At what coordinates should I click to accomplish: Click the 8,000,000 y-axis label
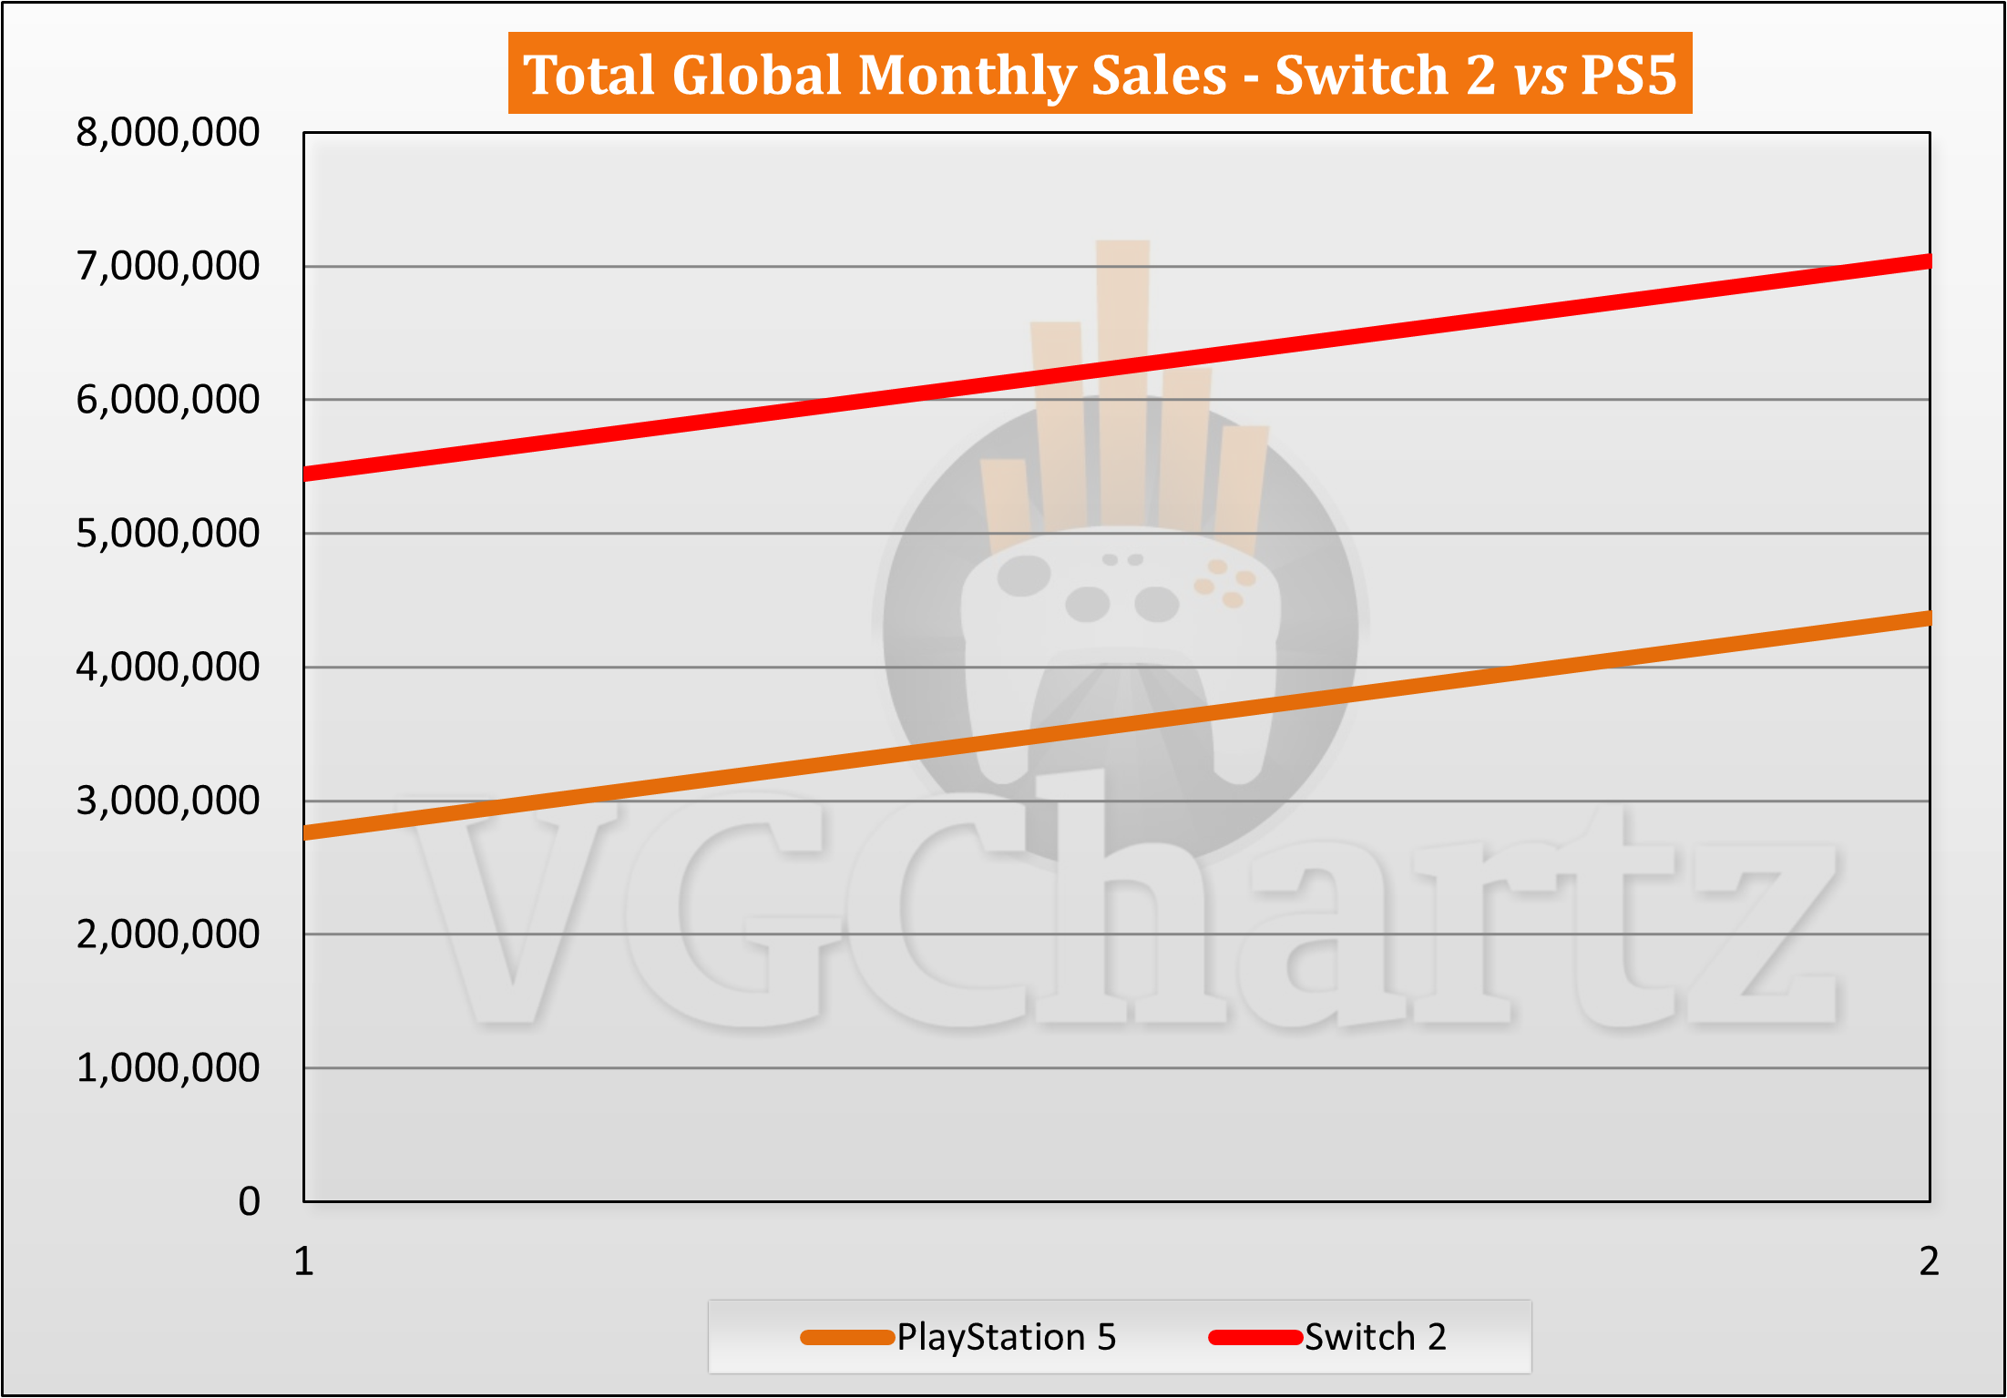click(168, 133)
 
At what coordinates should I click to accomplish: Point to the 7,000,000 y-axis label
click(168, 267)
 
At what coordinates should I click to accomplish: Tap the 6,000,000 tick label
click(168, 400)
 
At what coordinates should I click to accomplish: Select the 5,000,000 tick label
click(168, 534)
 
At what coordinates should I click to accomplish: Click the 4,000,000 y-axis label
click(168, 668)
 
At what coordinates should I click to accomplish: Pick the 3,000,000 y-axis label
click(168, 801)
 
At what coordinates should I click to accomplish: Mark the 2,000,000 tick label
click(168, 934)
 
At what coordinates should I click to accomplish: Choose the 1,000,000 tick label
click(168, 1068)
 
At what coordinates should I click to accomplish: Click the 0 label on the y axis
click(249, 1202)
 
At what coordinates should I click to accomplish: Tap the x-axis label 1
click(303, 1262)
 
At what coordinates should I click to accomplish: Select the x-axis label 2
click(1929, 1262)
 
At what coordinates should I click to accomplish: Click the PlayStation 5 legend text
click(1006, 1337)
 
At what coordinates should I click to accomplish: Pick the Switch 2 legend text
click(1375, 1337)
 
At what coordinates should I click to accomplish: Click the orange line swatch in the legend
click(846, 1337)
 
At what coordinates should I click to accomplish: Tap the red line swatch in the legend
click(1254, 1337)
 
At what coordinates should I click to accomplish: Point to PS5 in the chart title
click(1628, 75)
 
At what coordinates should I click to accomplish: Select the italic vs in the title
click(1540, 75)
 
